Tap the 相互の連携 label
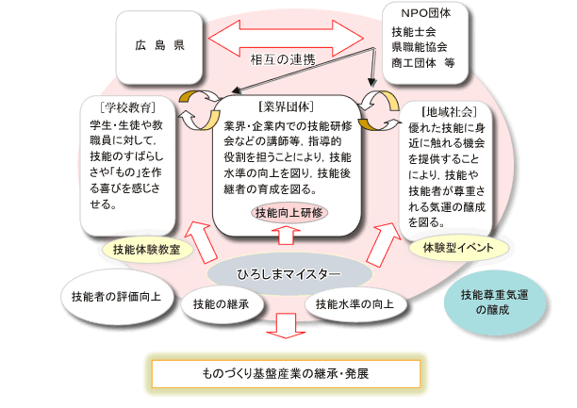pyautogui.click(x=283, y=58)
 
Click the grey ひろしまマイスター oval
pyautogui.click(x=288, y=273)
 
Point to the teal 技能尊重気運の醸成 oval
pyautogui.click(x=491, y=302)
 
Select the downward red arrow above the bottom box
pyautogui.click(x=285, y=324)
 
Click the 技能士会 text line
pyautogui.click(x=412, y=32)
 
